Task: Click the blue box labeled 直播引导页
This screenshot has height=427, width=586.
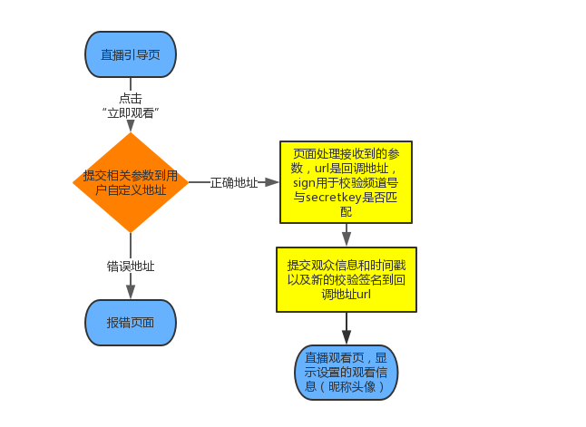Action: click(131, 53)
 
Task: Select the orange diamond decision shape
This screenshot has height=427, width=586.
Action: click(131, 182)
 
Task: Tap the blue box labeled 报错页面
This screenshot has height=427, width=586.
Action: click(131, 323)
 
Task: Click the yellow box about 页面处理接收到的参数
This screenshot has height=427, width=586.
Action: click(346, 181)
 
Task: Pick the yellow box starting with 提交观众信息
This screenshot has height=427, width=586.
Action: click(346, 279)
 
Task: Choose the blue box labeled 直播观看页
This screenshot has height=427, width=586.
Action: click(346, 372)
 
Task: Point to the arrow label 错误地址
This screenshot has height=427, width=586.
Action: click(131, 267)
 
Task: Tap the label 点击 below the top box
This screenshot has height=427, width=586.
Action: click(131, 98)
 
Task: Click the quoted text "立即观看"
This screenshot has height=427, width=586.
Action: click(131, 113)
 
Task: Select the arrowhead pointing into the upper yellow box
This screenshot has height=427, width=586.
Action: click(272, 182)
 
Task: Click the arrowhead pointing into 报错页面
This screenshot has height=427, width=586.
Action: click(131, 292)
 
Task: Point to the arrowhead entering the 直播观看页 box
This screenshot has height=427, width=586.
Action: click(346, 337)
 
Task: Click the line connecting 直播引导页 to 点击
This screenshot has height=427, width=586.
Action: click(131, 83)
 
